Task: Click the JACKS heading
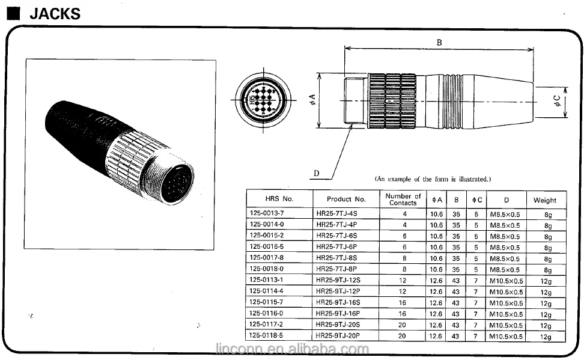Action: (55, 13)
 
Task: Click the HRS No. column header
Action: (279, 199)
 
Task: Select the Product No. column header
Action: (346, 199)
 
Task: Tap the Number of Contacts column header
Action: (403, 199)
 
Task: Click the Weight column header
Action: (545, 200)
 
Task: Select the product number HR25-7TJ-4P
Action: (336, 225)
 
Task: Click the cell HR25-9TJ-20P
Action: (338, 336)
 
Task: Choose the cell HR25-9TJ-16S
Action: (338, 303)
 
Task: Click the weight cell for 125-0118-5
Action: (546, 337)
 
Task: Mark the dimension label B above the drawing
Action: (439, 42)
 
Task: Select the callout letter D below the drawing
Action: (316, 173)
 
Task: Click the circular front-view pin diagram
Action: (261, 100)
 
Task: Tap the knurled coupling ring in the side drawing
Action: (392, 101)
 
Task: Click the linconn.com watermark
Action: (291, 349)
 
